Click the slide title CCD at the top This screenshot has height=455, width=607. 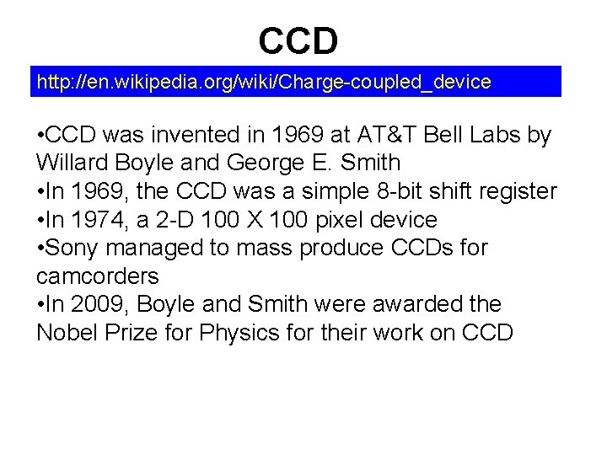pos(298,39)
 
